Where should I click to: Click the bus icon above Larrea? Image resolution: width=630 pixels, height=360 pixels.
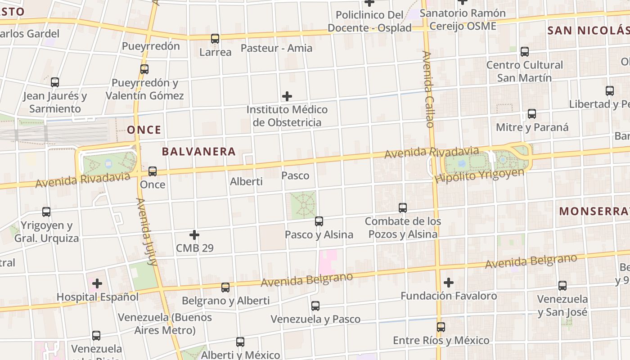215,39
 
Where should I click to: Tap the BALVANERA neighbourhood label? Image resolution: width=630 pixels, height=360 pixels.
198,152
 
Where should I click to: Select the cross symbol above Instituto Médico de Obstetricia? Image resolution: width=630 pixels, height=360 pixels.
287,96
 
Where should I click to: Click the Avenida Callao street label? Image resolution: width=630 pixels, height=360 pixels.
428,89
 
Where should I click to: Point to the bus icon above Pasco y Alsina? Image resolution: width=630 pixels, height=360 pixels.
319,221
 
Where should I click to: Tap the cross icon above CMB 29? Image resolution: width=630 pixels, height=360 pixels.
194,234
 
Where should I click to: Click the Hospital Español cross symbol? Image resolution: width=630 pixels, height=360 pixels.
97,283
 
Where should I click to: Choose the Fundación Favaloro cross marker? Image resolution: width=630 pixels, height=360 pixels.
449,283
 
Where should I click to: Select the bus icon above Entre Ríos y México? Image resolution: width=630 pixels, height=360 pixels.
441,327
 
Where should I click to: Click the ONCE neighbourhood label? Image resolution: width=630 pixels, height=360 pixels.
144,130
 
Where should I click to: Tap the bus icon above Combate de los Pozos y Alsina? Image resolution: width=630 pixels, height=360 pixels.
403,207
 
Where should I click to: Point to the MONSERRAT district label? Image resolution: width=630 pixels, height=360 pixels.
594,211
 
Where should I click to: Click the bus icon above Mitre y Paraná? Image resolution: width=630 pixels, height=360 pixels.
532,113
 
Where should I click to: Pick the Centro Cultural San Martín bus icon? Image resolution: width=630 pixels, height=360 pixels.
525,52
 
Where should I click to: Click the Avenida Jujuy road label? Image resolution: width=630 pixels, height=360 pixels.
147,232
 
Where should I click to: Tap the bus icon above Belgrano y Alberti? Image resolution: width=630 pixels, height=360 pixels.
225,287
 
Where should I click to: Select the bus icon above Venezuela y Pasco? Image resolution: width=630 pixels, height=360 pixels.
315,306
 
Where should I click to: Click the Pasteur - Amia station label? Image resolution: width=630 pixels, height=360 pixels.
276,48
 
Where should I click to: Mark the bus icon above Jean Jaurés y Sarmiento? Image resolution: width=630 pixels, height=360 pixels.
55,82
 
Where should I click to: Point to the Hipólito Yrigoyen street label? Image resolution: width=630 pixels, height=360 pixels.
479,175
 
